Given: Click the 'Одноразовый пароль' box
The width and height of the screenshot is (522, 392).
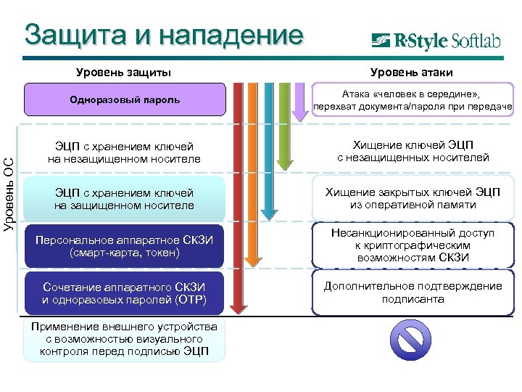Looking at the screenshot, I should point(125,100).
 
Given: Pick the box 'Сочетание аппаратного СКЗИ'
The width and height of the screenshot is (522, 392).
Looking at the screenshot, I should point(125,293).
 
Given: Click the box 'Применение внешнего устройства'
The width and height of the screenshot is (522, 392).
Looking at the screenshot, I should point(125,339).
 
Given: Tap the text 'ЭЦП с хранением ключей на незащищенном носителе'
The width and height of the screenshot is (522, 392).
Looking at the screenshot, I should point(124,152).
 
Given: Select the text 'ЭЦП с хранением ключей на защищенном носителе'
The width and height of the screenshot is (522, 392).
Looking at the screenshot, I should point(124,199).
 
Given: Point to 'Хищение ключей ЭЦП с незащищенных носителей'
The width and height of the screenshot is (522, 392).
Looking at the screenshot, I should point(412,152).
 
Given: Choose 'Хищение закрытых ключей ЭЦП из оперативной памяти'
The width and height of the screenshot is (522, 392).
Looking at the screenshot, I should point(412,198).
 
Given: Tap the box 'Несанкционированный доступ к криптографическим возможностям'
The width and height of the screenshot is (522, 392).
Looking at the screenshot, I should point(412,246).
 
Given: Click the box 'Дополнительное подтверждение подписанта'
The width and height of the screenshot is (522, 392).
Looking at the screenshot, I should point(412,293).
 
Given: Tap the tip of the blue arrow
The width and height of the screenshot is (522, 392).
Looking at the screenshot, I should point(269,216).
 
